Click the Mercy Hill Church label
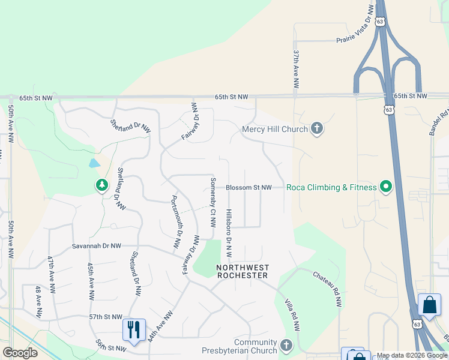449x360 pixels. click(x=274, y=128)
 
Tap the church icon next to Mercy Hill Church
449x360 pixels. click(x=317, y=128)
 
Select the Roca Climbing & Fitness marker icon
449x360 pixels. click(x=386, y=188)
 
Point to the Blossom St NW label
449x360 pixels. click(x=249, y=188)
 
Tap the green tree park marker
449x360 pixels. click(x=101, y=186)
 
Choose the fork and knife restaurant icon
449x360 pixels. click(x=134, y=330)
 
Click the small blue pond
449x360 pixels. click(x=94, y=163)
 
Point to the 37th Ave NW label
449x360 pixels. click(x=296, y=70)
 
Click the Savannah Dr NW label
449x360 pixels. click(x=97, y=246)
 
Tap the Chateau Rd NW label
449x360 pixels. click(x=327, y=288)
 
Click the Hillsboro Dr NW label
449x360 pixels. click(x=229, y=229)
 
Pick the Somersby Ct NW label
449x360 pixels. click(x=212, y=202)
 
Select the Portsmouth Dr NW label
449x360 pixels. click(x=176, y=222)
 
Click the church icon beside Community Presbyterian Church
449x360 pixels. click(x=286, y=346)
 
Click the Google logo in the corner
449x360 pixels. click(x=20, y=353)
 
